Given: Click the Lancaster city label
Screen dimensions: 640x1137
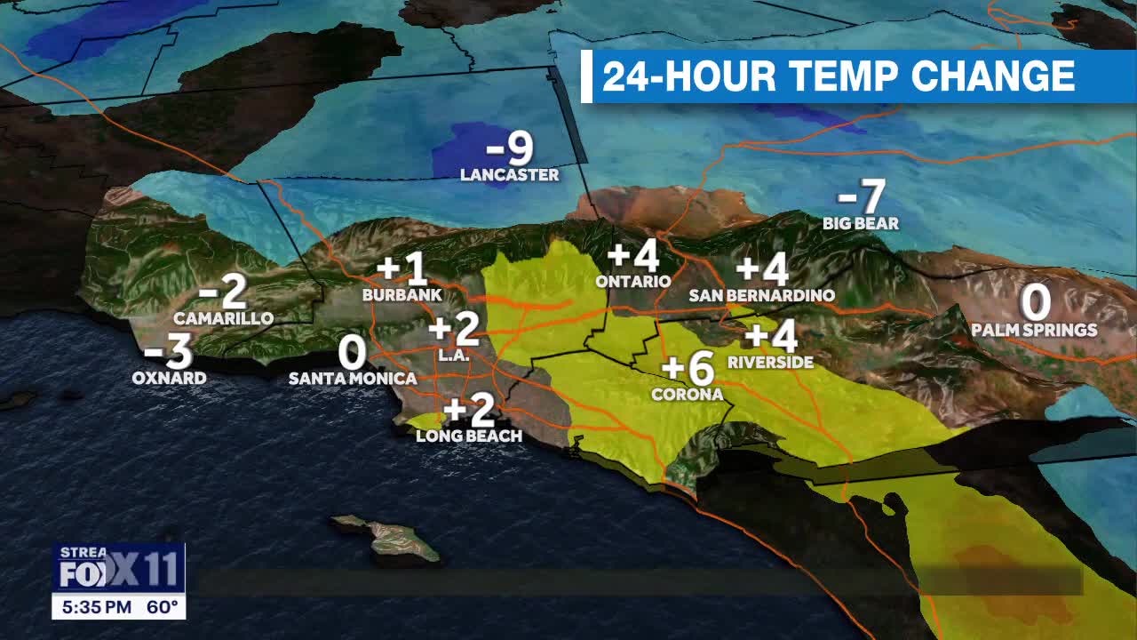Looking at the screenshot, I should (509, 175).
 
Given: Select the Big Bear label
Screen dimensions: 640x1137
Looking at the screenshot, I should (861, 224).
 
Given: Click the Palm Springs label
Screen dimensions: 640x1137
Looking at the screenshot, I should (1034, 331).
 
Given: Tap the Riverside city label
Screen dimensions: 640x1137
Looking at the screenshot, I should (770, 363).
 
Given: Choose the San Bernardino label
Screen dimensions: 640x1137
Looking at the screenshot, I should (762, 295).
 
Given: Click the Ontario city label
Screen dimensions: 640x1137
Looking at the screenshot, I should (633, 281).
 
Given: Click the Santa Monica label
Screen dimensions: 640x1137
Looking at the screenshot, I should (353, 379).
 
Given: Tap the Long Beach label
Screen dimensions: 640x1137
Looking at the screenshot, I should (469, 436).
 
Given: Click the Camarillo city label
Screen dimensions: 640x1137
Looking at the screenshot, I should (223, 318).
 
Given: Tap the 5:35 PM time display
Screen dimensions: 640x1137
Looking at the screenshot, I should (97, 608).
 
